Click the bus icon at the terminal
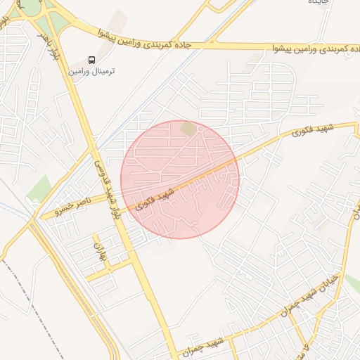(92, 60)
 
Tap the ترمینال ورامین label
(92, 72)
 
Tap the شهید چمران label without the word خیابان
(202, 345)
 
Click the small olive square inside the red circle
(188, 129)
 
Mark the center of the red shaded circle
(180, 179)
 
